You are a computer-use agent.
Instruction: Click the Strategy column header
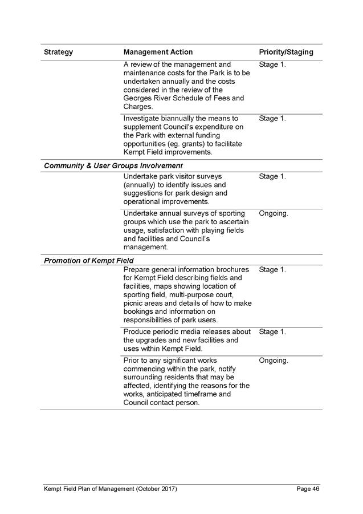coord(59,52)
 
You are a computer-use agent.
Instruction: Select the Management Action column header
coord(158,52)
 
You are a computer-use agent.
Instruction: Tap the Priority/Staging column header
coord(286,52)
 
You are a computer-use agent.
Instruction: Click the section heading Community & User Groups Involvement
coord(113,165)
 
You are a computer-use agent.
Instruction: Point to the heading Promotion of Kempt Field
coord(88,261)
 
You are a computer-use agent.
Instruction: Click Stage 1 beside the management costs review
coord(272,65)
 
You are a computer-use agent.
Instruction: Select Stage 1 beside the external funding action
coord(272,119)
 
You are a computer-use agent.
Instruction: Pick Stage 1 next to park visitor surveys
coord(272,177)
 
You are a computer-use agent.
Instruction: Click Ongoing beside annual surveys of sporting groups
coord(274,214)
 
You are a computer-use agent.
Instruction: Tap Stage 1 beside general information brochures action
coord(272,270)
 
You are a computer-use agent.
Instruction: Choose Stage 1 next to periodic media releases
coord(272,332)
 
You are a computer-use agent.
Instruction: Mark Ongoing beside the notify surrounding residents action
coord(274,361)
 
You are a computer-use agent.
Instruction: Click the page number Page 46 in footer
coord(308,489)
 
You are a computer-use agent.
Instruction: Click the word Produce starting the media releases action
coord(137,332)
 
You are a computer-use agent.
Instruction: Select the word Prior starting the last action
coord(132,361)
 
